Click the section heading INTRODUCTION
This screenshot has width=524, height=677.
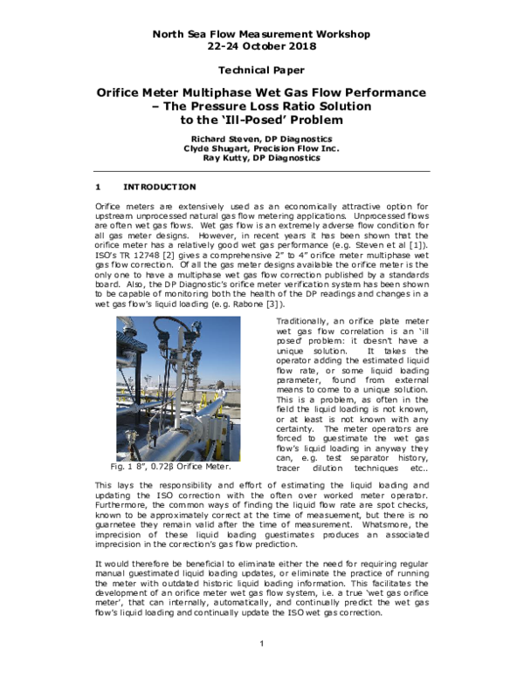click(x=160, y=187)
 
